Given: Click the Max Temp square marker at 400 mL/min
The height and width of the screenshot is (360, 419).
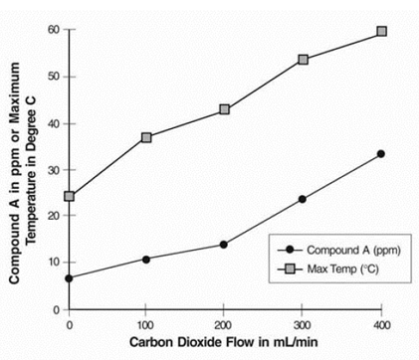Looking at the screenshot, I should (x=381, y=32).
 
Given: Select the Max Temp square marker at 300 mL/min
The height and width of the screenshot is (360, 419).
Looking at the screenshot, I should (x=303, y=60).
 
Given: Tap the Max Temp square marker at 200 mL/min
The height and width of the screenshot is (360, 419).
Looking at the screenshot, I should (x=225, y=109).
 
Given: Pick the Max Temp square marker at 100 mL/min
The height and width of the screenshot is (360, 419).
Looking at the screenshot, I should (x=146, y=137).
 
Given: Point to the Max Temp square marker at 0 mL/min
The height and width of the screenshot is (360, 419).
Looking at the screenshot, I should (x=69, y=196).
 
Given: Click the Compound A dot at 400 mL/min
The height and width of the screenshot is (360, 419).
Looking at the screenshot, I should (x=381, y=154).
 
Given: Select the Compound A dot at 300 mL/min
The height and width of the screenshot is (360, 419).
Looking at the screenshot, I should (x=303, y=199).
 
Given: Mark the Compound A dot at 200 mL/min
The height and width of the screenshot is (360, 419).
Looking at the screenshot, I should (x=224, y=245).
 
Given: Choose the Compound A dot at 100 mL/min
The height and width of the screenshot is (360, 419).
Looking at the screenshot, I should (x=146, y=260).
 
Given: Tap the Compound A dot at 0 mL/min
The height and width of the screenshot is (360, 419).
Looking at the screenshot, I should (x=69, y=277).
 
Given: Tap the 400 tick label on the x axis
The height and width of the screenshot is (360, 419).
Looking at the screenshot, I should (x=381, y=324).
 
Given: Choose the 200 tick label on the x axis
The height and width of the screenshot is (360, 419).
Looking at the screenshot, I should (x=225, y=324).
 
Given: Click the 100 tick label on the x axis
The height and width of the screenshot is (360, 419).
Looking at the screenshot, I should (x=146, y=324).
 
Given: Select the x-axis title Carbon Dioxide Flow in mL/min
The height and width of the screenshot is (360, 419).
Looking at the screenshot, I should (x=225, y=344).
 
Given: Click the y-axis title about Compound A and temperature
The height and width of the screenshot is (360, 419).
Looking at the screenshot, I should (x=25, y=169).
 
